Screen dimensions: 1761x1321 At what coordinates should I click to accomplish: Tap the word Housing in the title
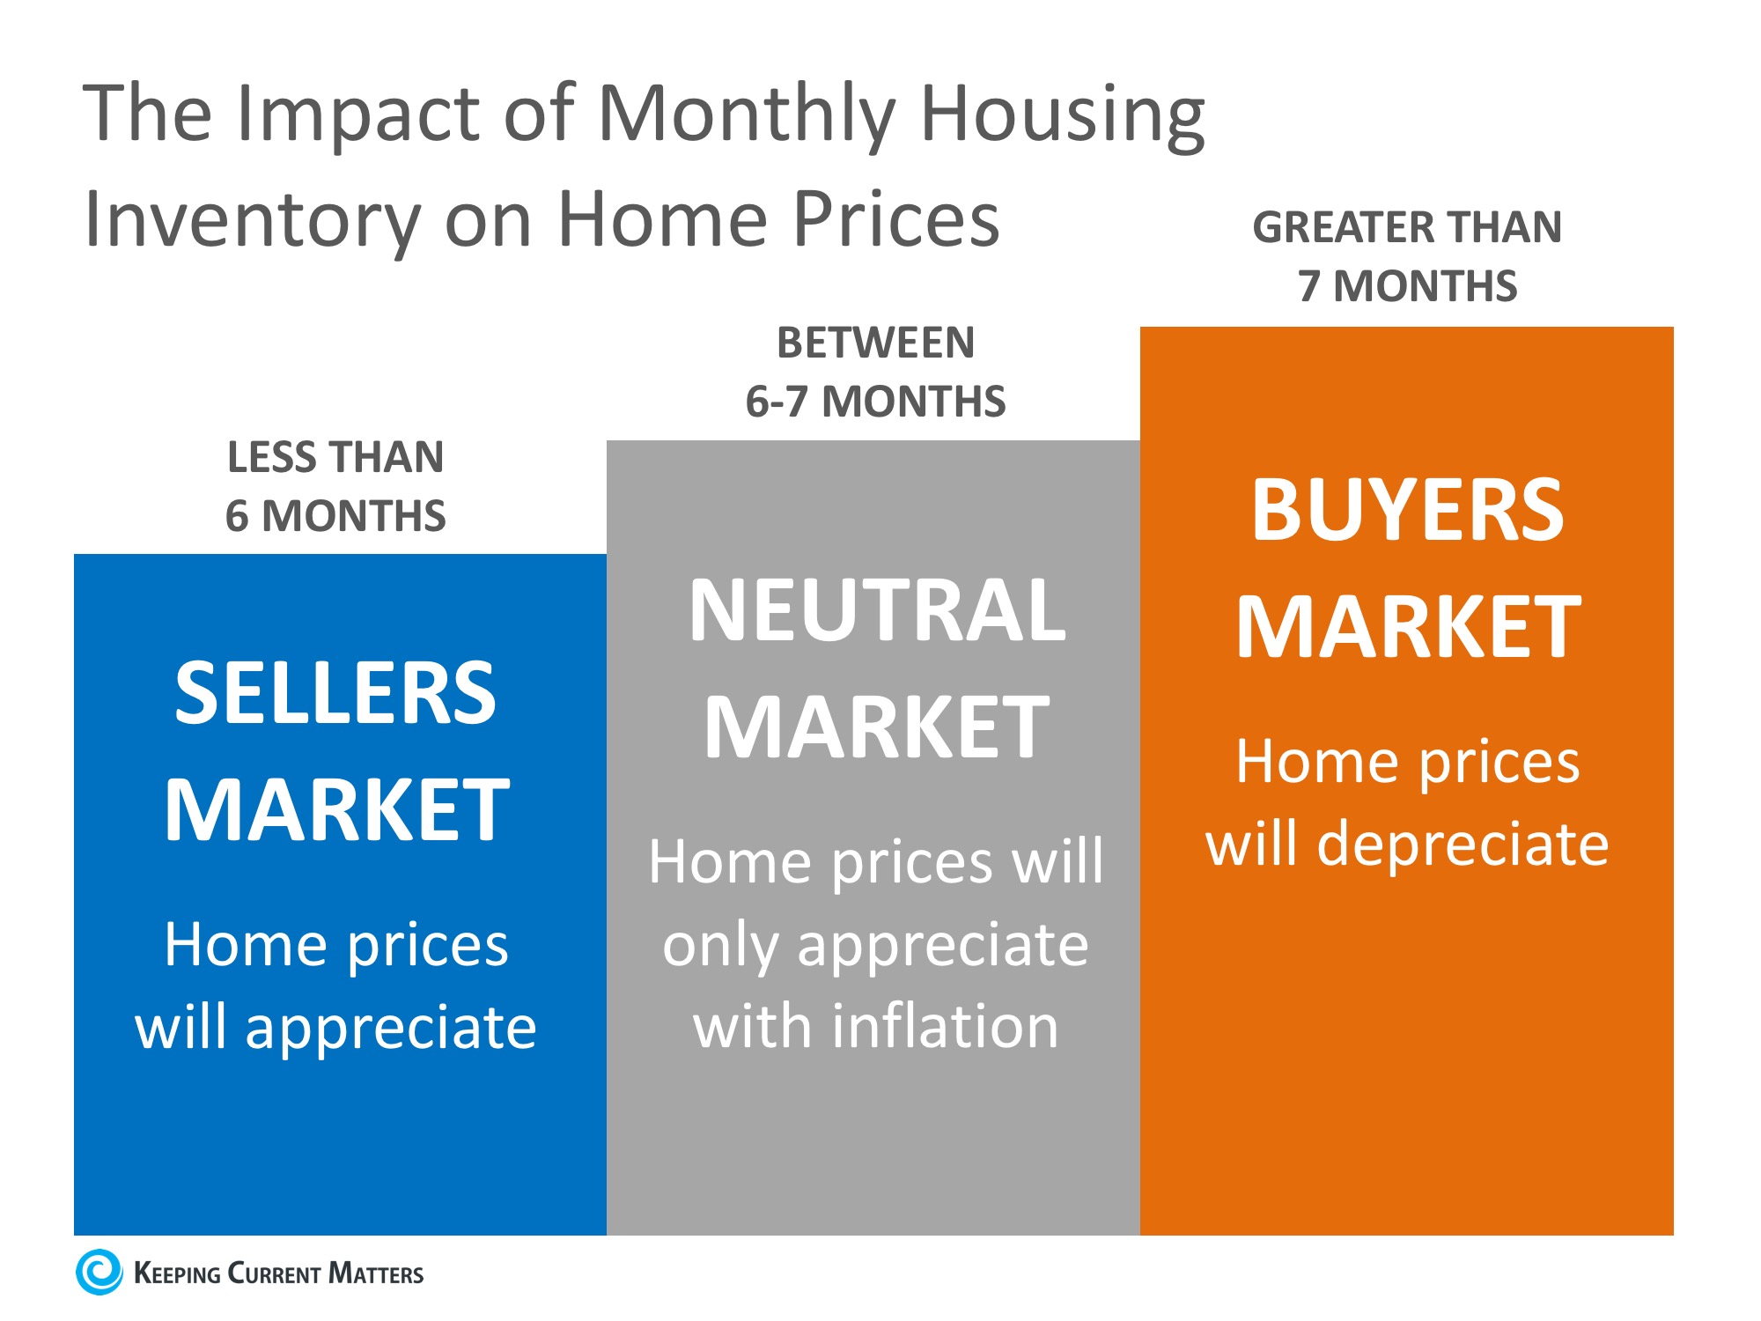coord(1062,114)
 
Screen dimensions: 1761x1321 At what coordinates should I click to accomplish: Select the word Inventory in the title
coord(252,220)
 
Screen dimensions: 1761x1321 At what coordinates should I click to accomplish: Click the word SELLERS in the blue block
coord(335,693)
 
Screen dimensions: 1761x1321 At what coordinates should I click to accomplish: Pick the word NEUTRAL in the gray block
coord(877,610)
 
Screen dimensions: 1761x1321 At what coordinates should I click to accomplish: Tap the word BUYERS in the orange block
coord(1407,510)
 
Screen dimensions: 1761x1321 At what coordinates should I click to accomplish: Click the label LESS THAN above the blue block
coord(335,457)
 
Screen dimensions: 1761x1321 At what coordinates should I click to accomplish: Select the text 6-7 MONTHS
coord(875,402)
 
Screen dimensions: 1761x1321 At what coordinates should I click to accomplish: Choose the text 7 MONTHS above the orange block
coord(1407,286)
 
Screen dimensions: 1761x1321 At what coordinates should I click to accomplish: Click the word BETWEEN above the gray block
coord(875,343)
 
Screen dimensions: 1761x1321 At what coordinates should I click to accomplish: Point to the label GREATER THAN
coord(1407,227)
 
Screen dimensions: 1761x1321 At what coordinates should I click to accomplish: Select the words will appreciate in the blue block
coord(335,1028)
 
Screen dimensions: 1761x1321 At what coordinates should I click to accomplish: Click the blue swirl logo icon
coord(99,1272)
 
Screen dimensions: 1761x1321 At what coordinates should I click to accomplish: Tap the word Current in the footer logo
coord(274,1273)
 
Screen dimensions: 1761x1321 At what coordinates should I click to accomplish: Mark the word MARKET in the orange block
coord(1408,627)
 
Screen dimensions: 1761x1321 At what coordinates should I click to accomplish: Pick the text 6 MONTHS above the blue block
coord(335,516)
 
